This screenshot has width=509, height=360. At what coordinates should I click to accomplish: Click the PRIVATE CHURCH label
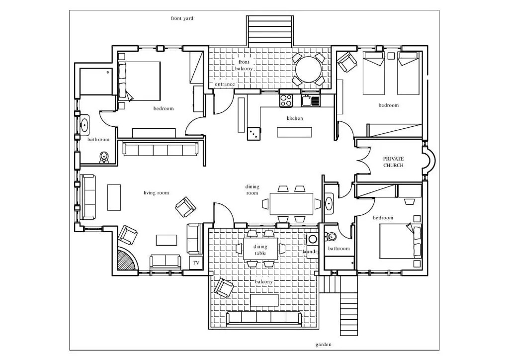click(394, 162)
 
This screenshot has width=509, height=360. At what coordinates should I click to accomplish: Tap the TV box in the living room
click(196, 263)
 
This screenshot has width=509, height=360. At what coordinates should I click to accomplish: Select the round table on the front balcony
click(308, 70)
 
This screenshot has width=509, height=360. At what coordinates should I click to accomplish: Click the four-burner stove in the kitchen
click(286, 100)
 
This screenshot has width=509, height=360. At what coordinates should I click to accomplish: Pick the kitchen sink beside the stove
click(311, 100)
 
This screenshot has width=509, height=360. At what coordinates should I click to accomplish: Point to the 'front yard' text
click(182, 18)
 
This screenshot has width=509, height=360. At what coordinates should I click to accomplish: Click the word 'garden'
click(323, 345)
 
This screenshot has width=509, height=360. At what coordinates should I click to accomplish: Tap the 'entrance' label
click(225, 84)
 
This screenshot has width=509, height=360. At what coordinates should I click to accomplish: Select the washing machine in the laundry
click(313, 239)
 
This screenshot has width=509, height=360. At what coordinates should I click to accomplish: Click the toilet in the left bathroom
click(103, 157)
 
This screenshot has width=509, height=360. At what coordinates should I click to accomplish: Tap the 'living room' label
click(157, 193)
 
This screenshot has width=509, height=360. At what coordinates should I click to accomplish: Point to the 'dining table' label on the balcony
click(260, 250)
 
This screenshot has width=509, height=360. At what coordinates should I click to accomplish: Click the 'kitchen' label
click(295, 118)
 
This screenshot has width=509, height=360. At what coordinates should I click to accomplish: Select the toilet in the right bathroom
click(331, 237)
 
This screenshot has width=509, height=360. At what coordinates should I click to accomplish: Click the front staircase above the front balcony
click(270, 31)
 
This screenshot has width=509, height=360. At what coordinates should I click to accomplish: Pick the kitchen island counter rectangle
click(294, 132)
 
